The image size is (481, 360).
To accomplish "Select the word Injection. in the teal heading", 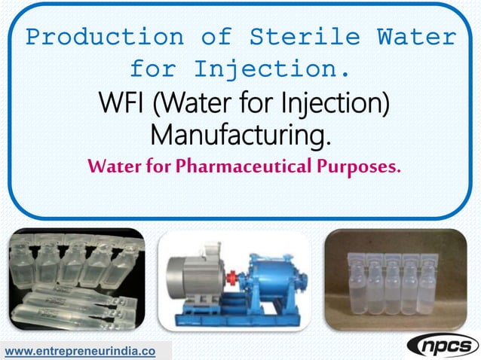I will [272, 69].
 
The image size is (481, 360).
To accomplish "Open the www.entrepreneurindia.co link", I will [81, 351].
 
